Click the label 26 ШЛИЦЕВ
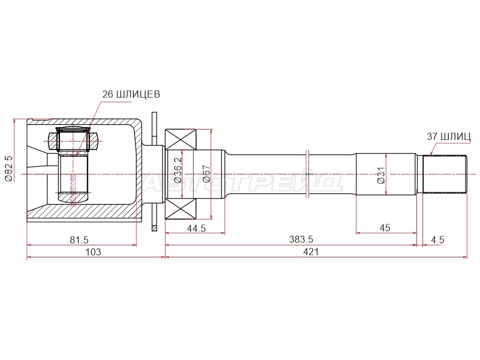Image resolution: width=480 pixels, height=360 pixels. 131,94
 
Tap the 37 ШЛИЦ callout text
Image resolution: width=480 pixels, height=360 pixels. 449,136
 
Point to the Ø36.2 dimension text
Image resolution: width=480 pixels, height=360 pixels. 178,170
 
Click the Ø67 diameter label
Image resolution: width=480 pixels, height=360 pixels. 206,173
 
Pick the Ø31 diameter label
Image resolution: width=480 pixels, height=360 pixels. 381,175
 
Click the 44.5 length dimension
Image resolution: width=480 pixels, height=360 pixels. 196,228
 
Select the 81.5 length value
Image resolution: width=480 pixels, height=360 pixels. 79,239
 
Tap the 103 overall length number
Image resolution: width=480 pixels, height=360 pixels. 93,252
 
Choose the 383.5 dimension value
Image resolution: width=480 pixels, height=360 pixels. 301,239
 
